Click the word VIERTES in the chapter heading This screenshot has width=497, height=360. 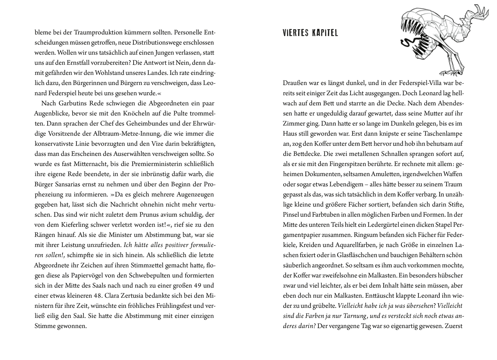[296, 33]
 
